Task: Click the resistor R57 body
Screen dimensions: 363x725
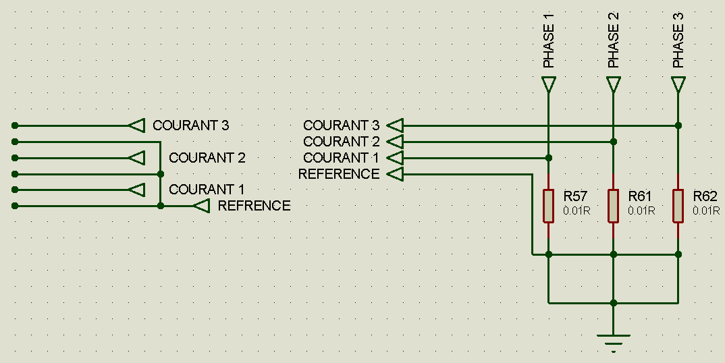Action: tap(549, 206)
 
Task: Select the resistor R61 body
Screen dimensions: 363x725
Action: tap(614, 206)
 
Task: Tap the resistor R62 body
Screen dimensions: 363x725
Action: tap(678, 206)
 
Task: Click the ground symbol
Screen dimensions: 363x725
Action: tap(614, 341)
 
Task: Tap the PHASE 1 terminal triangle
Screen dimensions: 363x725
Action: tap(549, 85)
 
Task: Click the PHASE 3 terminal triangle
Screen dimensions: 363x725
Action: tap(678, 85)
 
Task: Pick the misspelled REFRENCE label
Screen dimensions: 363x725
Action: tap(254, 206)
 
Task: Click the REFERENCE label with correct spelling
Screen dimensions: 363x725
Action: tap(339, 174)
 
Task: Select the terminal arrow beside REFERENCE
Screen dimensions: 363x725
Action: tap(396, 174)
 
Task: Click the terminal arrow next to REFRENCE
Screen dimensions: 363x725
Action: tap(201, 206)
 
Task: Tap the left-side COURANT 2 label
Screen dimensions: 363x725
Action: tap(207, 158)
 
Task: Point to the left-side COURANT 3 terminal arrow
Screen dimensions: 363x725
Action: tap(137, 125)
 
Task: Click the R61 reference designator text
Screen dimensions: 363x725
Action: tap(639, 196)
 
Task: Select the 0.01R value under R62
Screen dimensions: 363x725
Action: tap(706, 211)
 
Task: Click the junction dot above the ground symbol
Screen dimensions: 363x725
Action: tap(614, 303)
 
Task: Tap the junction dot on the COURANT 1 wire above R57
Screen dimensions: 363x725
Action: tap(549, 158)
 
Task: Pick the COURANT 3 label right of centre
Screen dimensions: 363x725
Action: tap(341, 125)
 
